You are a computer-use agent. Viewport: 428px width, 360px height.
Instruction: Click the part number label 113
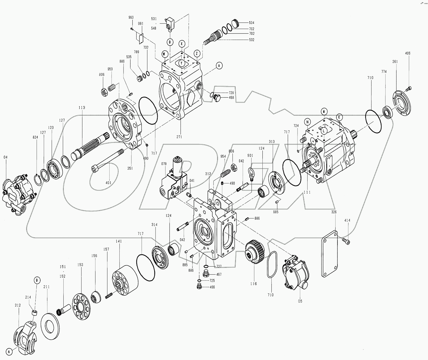point(82,108)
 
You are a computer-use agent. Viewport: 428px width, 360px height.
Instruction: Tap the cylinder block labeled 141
point(123,279)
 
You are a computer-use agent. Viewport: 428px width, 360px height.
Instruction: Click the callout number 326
point(334,212)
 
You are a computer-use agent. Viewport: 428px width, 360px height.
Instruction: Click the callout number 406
point(408,53)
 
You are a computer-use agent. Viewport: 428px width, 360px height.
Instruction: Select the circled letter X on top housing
point(182,43)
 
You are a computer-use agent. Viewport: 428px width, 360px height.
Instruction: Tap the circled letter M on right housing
point(324,111)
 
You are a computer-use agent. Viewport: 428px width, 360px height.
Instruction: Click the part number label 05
point(300,301)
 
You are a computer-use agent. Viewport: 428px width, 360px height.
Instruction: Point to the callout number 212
point(17,305)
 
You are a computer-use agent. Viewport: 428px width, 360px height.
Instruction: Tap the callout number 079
point(164,164)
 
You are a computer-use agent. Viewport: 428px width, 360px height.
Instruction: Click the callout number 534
point(252,23)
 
